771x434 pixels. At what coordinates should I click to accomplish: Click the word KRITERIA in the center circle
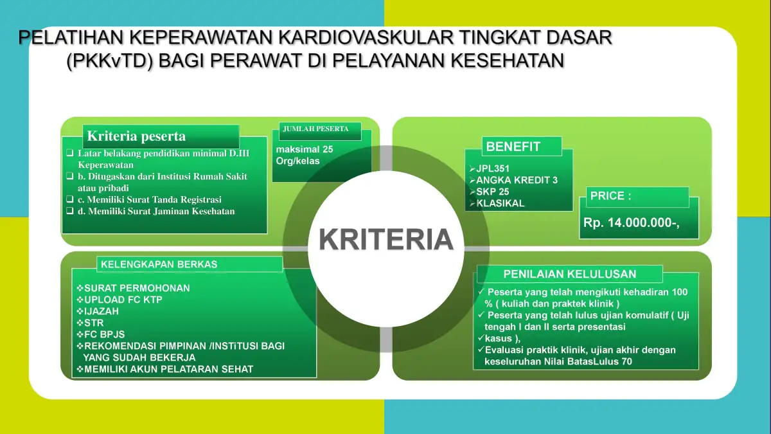(x=386, y=239)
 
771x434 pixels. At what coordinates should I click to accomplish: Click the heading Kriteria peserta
(x=136, y=136)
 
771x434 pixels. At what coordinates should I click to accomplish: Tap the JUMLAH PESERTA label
(x=316, y=129)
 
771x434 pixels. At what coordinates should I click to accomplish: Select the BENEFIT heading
(x=513, y=147)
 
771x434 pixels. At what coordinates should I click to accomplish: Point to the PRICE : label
(x=610, y=195)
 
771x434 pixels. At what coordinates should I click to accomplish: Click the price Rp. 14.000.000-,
(x=631, y=223)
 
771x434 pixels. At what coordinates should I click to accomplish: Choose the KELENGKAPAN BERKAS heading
(x=159, y=264)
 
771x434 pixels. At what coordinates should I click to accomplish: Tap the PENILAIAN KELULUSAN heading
(x=570, y=274)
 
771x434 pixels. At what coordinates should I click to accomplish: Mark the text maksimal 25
(x=305, y=149)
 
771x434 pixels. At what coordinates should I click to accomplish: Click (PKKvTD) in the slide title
(x=109, y=61)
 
